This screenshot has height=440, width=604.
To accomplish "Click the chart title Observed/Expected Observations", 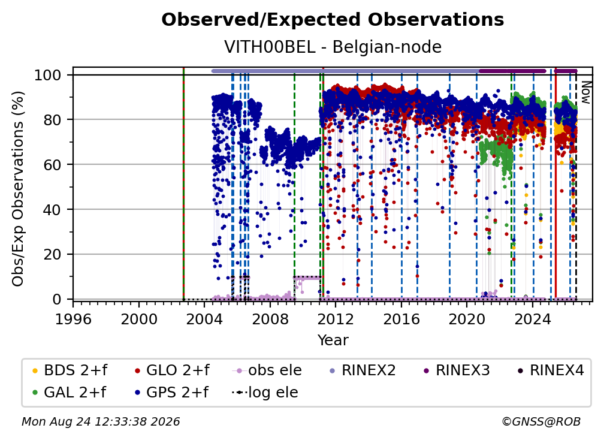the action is coord(333,20).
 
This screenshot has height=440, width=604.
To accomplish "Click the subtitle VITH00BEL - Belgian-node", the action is coord(333,47).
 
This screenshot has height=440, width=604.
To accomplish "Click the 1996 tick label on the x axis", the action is coord(73,319).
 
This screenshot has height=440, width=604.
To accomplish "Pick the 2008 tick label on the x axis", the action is coord(270,319).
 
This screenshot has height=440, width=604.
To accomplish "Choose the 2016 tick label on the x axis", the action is coord(401,319).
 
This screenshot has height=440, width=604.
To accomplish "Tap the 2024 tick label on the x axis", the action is coord(533,319).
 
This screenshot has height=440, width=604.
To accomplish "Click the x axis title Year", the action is coord(333,340).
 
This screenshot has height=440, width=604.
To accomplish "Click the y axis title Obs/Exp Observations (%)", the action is coord(18,188).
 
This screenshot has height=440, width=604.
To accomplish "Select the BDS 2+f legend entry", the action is coord(70,370).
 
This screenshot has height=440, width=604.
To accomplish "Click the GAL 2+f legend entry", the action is coord(70,393).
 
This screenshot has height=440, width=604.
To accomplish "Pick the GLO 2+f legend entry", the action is coord(172,370).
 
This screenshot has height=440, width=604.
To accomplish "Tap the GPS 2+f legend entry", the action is coord(171,393).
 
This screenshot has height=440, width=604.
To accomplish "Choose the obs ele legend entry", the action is coord(267,370).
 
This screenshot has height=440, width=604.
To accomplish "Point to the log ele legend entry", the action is coord(265,393).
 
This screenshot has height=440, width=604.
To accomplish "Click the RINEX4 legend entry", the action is coord(551,370).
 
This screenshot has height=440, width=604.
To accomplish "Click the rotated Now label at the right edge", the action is coord(585,92).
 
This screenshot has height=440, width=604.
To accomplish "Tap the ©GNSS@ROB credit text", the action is coord(541,421).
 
